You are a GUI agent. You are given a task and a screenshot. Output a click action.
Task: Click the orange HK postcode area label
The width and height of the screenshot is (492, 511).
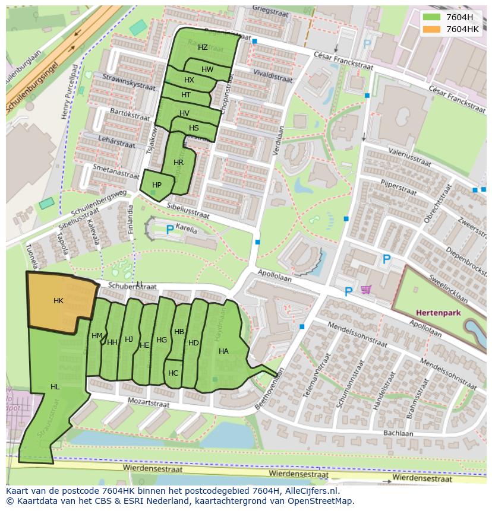(x=58, y=301)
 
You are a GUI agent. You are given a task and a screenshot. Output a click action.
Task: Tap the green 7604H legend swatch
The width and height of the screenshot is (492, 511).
(x=432, y=17)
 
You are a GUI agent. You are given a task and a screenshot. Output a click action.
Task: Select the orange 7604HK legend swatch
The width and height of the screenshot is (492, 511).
(x=432, y=29)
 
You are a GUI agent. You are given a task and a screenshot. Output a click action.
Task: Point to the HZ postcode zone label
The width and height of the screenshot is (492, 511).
(x=203, y=47)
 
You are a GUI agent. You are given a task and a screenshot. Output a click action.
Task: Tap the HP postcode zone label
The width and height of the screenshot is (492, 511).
(x=157, y=185)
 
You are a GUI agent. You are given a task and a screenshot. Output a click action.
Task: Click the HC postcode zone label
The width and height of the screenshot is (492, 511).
(x=173, y=373)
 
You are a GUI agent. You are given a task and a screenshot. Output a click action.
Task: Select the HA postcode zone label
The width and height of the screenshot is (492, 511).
(x=223, y=351)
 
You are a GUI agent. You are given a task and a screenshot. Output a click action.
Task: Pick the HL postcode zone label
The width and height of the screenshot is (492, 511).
(x=55, y=387)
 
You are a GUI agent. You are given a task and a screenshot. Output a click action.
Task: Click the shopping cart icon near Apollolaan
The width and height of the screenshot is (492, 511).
(x=366, y=290)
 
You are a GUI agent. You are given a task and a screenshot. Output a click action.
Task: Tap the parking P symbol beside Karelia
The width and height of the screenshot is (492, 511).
(x=170, y=230)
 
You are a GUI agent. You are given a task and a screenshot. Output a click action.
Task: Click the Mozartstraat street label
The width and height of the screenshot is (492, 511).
(x=149, y=403)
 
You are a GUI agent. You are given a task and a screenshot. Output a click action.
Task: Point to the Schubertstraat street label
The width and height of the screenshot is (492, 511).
(x=133, y=286)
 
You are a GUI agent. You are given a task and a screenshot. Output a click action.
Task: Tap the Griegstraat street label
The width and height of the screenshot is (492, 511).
(x=270, y=9)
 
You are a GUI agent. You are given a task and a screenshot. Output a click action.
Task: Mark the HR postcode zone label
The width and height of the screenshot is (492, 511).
(x=178, y=163)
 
